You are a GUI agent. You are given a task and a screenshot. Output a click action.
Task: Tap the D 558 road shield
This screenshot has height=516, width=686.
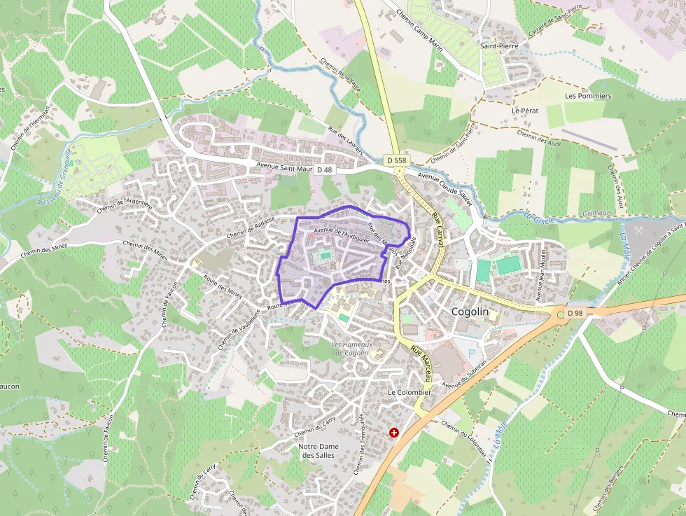[396, 160]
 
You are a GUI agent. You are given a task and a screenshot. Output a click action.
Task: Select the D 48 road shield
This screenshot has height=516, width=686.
[324, 169]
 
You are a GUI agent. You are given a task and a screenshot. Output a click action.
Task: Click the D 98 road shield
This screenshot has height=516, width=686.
[575, 312]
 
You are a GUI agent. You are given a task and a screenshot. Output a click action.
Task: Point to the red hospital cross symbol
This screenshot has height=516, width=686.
[394, 433]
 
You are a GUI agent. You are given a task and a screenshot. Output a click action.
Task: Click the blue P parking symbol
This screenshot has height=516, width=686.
[470, 354]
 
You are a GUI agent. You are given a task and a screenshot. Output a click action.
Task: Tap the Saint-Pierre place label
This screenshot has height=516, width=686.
[498, 46]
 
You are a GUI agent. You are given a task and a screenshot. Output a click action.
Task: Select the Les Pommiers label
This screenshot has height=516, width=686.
[588, 96]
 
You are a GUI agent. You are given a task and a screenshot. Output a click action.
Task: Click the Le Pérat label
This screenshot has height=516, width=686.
[524, 111]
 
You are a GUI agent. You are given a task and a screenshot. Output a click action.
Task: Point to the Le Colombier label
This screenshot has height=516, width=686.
[409, 393]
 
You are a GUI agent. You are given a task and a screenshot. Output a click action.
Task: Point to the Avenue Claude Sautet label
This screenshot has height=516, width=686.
[445, 187]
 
